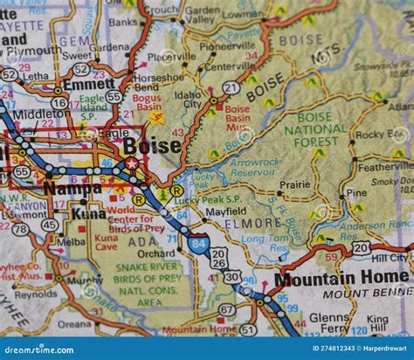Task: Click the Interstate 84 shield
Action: (197, 244)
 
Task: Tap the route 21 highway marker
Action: (231, 87)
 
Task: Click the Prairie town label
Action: (294, 184)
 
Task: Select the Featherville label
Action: (385, 166)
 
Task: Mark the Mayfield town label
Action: (225, 211)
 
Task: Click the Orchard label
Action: (155, 253)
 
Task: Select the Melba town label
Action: (71, 241)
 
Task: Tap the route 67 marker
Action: (226, 309)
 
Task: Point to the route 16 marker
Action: (59, 102)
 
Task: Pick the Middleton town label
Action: (38, 114)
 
